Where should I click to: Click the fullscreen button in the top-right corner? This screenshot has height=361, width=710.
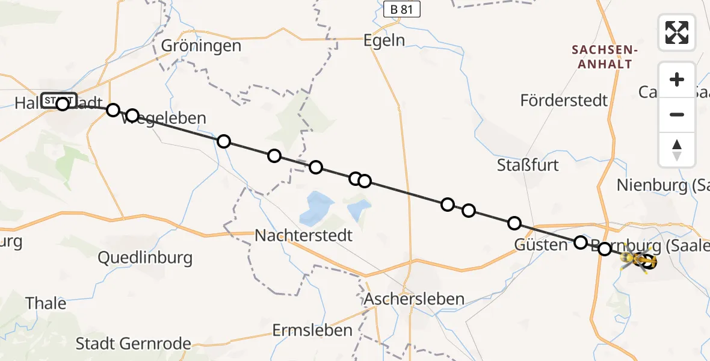click(x=677, y=32)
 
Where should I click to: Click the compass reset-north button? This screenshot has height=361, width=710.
click(x=677, y=150)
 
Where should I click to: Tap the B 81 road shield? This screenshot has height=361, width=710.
click(x=401, y=9)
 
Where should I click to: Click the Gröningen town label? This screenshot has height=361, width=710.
click(x=201, y=46)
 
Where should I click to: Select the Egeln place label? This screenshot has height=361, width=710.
click(x=384, y=40)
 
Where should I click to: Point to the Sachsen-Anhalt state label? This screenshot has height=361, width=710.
click(x=602, y=57)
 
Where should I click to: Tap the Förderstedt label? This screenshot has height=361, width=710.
click(x=564, y=100)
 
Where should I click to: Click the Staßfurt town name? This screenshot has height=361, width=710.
click(x=528, y=165)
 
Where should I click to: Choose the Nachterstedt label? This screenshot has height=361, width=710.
click(x=303, y=235)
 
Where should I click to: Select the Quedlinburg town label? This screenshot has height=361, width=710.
click(x=145, y=258)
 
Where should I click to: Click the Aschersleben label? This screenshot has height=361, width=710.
click(x=414, y=298)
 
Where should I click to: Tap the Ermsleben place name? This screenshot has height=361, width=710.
click(x=312, y=330)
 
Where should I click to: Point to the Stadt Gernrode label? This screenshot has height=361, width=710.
click(x=133, y=344)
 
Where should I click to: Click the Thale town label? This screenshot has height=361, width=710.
click(x=46, y=303)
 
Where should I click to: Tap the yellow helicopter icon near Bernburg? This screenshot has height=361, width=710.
click(x=631, y=259)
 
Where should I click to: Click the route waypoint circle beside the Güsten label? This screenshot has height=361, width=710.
click(x=581, y=242)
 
